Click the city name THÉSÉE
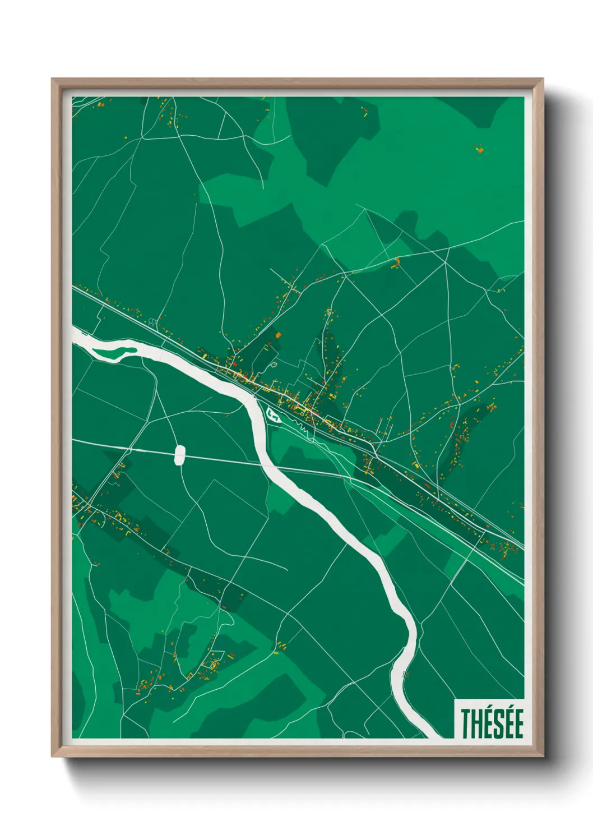[492, 723]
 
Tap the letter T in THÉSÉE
[466, 724]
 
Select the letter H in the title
[476, 724]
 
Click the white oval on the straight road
[180, 455]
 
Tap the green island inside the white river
[114, 352]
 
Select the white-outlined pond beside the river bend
[274, 415]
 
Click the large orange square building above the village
[278, 335]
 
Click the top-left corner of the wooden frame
[53, 80]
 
